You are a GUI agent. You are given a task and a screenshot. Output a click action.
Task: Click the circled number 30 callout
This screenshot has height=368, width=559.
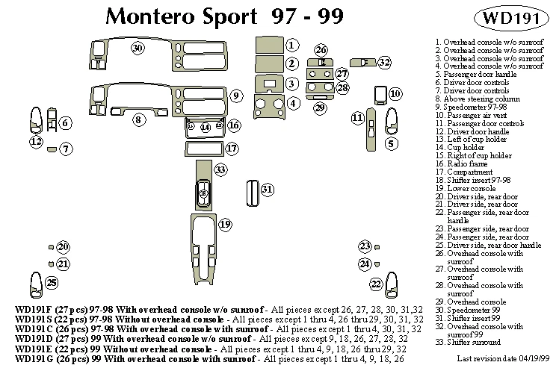(137, 49)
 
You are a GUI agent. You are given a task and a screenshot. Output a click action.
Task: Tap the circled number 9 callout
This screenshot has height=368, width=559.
(235, 96)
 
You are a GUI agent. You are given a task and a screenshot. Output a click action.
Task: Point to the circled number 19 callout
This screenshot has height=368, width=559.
(225, 224)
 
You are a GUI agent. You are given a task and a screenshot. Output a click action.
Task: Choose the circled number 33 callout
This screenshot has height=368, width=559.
(220, 170)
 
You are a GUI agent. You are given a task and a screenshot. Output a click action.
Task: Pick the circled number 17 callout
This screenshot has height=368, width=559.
(232, 149)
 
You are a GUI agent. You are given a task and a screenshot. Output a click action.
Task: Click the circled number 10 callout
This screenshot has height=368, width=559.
(395, 93)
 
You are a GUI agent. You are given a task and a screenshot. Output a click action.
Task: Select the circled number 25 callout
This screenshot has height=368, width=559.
(52, 282)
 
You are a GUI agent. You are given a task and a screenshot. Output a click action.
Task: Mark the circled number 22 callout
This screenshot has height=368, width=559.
(376, 284)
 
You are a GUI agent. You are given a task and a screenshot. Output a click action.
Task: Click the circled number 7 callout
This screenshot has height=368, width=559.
(67, 149)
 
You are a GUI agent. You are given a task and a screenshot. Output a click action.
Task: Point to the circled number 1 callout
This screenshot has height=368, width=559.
(293, 46)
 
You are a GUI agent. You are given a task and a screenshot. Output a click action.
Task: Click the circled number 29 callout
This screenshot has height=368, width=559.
(320, 109)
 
